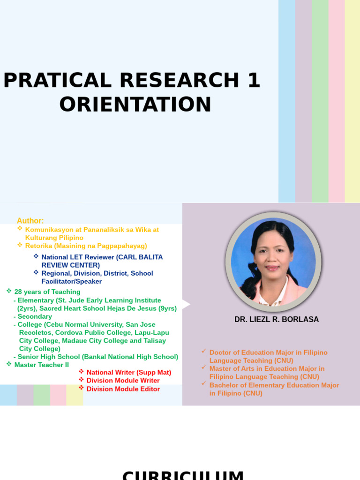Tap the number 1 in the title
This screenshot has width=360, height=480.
253,81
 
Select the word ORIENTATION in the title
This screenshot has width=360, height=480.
135,104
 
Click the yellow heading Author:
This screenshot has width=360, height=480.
30,221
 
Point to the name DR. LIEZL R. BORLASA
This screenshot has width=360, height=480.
276,319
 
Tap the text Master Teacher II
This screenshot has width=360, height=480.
41,365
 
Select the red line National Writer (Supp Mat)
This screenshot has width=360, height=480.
129,373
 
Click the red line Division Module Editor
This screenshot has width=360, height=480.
123,389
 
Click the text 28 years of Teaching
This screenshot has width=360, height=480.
47,292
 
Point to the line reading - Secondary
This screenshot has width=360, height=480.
33,316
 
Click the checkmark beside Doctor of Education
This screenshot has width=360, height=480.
203,351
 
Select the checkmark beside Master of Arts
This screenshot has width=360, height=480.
203,367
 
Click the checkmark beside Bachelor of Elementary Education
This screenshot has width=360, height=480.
203,383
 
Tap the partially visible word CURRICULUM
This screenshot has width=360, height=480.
183,475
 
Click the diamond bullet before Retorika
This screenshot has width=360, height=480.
20,245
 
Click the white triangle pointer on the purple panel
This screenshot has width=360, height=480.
186,305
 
